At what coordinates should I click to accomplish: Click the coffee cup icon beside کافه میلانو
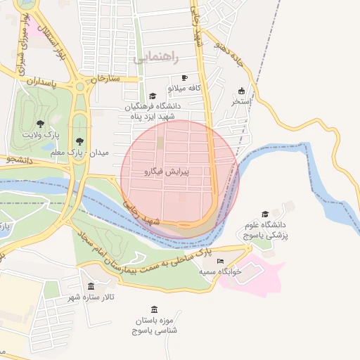(x=185, y=78)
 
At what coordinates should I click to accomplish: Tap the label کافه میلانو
(x=184, y=89)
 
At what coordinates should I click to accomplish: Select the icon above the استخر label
(x=242, y=91)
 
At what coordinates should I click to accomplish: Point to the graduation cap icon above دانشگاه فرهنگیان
(x=153, y=96)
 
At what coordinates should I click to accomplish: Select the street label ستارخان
(x=96, y=78)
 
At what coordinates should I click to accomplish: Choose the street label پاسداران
(x=41, y=82)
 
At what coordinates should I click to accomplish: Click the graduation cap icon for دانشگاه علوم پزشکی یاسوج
(x=265, y=214)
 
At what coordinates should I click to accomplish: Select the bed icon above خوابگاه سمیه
(x=221, y=261)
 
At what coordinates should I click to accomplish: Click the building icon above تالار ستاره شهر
(x=92, y=286)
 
